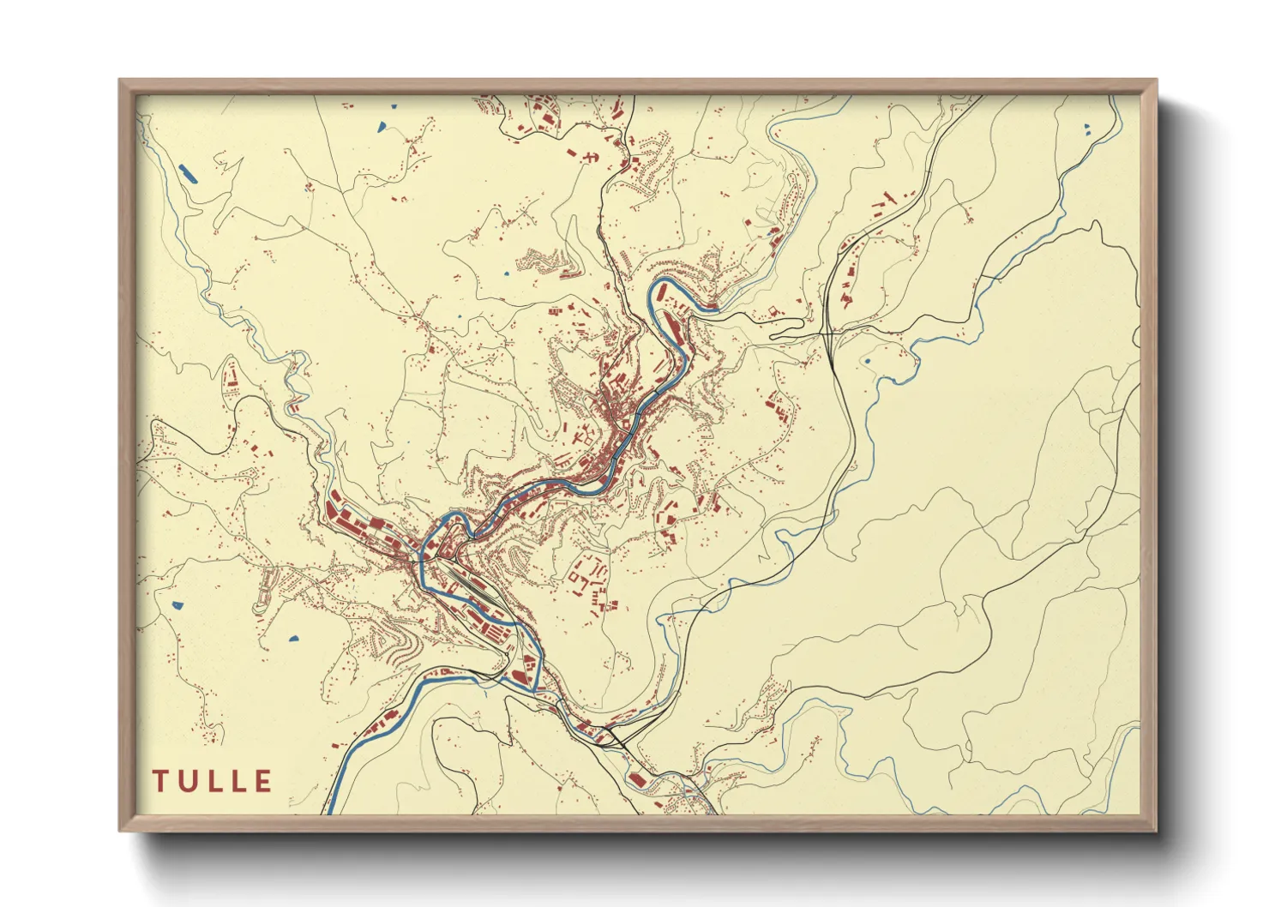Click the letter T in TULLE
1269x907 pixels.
pyautogui.click(x=160, y=781)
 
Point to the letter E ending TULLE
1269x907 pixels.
pyautogui.click(x=263, y=781)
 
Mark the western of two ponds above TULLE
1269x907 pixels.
pyautogui.click(x=177, y=604)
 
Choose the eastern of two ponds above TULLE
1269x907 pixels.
pyautogui.click(x=292, y=639)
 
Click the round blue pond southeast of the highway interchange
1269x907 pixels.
pyautogui.click(x=868, y=361)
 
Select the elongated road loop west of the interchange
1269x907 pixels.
pyautogui.click(x=787, y=329)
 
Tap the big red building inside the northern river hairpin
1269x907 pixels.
pyautogui.click(x=672, y=323)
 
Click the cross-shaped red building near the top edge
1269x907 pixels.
pyautogui.click(x=590, y=157)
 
